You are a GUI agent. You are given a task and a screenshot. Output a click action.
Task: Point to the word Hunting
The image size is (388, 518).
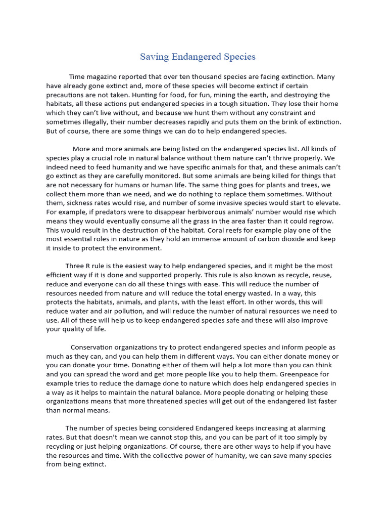(x=170, y=95)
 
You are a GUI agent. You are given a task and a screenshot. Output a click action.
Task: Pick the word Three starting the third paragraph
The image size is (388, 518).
(x=76, y=266)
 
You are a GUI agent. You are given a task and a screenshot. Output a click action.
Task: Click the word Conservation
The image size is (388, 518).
(x=94, y=348)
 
